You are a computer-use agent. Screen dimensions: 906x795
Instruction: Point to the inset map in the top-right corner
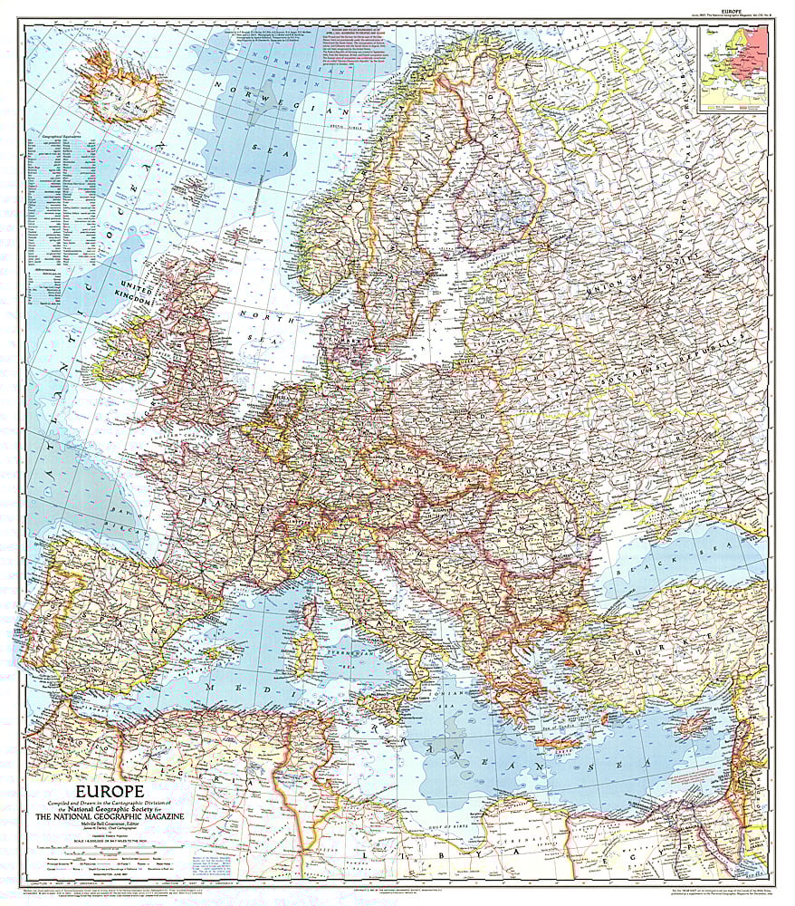(x=733, y=68)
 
